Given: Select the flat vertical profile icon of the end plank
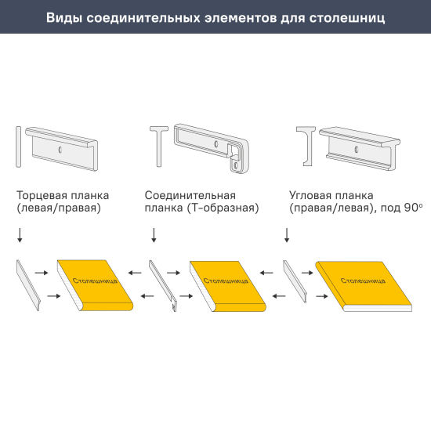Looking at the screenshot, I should coord(17,145).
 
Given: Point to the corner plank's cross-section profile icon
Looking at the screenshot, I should coord(306,147).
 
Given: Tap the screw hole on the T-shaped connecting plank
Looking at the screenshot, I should coord(214,144).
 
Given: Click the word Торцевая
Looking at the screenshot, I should coord(40,194).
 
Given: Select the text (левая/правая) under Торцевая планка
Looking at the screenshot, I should coord(58,208).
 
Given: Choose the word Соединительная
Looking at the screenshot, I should coord(190,194).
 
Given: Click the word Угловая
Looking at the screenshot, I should coord(313,194).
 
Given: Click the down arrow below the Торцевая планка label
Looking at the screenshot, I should coord(20,234).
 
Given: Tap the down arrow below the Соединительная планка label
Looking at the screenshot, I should coord(154,234).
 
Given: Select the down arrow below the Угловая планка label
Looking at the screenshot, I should coord(288,234).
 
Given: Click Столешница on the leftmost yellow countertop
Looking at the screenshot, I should coord(94,280).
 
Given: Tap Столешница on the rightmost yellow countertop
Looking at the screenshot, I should coord(362,280).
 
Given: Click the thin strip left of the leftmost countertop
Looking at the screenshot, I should coord(27,285).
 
